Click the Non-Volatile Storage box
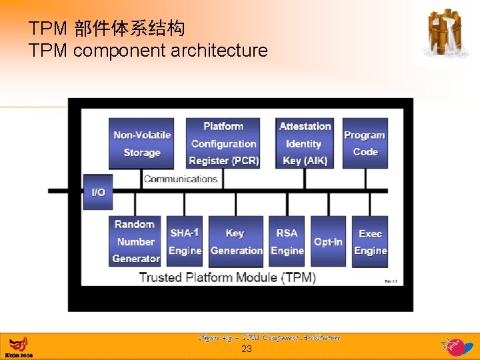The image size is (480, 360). pyautogui.click(x=141, y=143)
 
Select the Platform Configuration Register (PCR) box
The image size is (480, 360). pyautogui.click(x=223, y=143)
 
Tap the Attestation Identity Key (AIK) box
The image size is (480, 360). pyautogui.click(x=305, y=143)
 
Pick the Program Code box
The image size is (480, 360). pyautogui.click(x=365, y=143)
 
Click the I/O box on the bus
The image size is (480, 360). pyautogui.click(x=98, y=191)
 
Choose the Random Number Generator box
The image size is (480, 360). pyautogui.click(x=135, y=241)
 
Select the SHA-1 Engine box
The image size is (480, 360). pyautogui.click(x=185, y=241)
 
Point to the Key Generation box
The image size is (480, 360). pyautogui.click(x=236, y=241)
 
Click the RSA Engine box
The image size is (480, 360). pyautogui.click(x=287, y=241)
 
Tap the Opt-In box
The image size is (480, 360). pyautogui.click(x=328, y=241)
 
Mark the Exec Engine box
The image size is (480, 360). pyautogui.click(x=370, y=241)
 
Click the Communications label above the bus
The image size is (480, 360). pyautogui.click(x=181, y=179)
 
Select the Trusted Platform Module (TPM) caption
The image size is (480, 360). pyautogui.click(x=227, y=277)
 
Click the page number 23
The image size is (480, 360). pyautogui.click(x=247, y=349)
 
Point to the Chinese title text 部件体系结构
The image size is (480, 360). pyautogui.click(x=129, y=29)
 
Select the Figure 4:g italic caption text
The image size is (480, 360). pyautogui.click(x=269, y=337)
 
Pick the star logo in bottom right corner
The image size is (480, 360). pyautogui.click(x=455, y=345)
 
